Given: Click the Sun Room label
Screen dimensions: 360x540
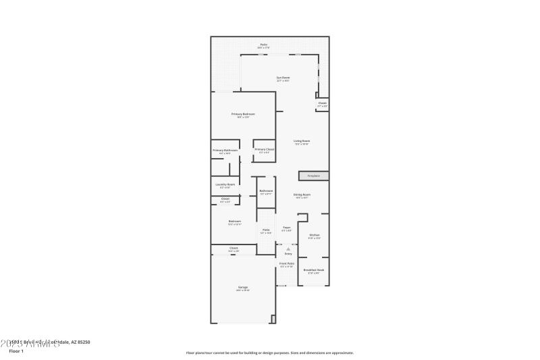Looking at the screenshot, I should click(x=283, y=78).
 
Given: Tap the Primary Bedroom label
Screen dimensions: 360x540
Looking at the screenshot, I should click(x=243, y=114).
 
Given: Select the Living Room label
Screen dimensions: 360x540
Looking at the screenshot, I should click(x=301, y=140).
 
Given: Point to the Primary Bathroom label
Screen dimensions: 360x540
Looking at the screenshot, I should click(x=225, y=150).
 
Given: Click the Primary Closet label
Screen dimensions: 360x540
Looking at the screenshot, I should click(x=264, y=149).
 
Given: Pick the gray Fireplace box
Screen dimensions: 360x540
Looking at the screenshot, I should click(x=314, y=176).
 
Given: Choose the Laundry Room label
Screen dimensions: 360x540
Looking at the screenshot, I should click(x=225, y=184).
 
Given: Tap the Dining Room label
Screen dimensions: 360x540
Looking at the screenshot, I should click(x=301, y=195).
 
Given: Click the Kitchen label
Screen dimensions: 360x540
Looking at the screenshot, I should click(x=314, y=234).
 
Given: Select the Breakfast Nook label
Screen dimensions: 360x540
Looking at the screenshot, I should click(x=314, y=269).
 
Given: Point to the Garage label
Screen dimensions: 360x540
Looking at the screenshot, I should click(x=242, y=287).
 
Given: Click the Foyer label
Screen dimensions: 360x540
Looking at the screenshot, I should click(x=286, y=228).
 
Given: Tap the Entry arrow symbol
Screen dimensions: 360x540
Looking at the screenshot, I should click(x=288, y=249).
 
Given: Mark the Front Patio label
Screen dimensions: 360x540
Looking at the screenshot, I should click(x=287, y=263).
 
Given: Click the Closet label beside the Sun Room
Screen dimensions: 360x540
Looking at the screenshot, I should click(x=322, y=103).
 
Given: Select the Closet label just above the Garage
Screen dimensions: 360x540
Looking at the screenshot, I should click(x=234, y=248).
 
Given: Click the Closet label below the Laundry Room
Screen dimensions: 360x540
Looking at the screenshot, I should click(x=225, y=199).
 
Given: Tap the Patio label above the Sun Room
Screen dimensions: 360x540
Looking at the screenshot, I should click(x=264, y=45).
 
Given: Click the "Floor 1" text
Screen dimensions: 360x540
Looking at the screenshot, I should click(x=16, y=351).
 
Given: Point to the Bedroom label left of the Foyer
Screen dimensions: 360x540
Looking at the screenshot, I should click(x=234, y=221).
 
